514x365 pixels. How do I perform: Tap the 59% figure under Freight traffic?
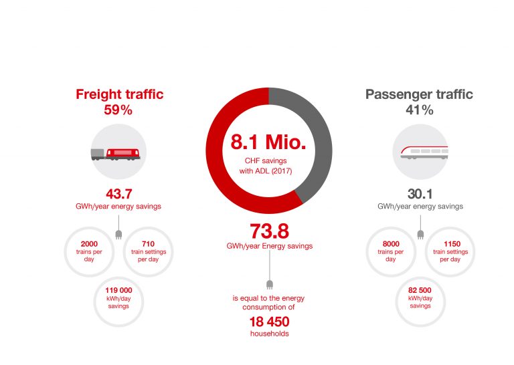(118, 111)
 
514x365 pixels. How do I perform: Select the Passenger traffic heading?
(418, 95)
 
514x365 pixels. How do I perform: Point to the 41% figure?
(418, 111)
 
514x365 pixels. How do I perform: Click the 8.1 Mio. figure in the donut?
(268, 142)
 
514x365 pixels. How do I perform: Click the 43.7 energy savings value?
(118, 193)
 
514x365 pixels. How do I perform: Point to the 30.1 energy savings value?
(420, 195)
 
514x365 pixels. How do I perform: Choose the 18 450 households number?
(268, 321)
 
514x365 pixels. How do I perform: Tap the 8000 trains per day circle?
(391, 250)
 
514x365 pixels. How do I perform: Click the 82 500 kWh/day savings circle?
(420, 296)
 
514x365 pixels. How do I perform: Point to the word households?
(269, 334)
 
